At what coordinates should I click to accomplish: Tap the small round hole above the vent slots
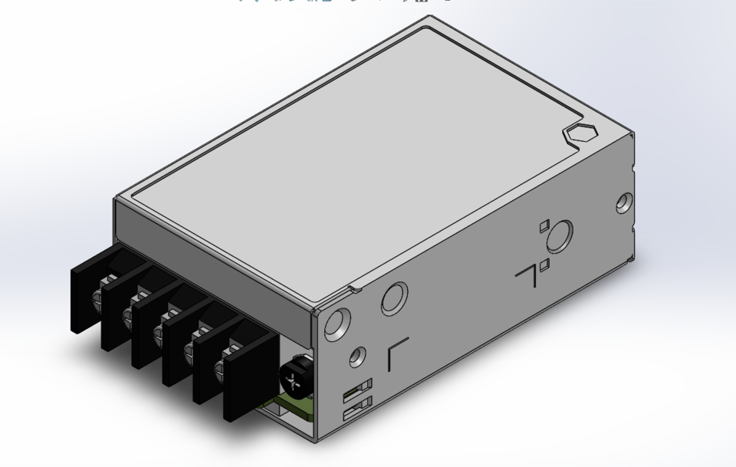355,357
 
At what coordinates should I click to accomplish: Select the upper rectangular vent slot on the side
358,387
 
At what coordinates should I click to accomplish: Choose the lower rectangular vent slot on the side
357,407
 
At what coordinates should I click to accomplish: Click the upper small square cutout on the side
544,225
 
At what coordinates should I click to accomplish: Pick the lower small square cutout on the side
544,265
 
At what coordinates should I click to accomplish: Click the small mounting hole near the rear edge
624,203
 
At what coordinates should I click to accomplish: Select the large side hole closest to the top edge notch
395,296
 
